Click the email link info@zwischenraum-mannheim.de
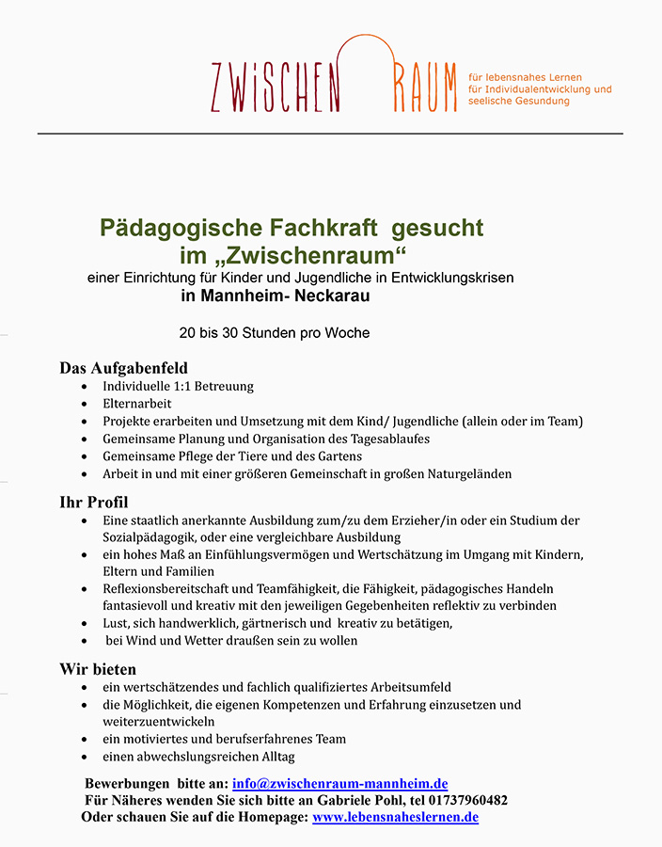(x=339, y=783)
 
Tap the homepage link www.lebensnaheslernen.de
(x=395, y=817)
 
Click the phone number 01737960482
(x=467, y=800)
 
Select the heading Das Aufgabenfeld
(x=124, y=368)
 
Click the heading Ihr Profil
(x=94, y=502)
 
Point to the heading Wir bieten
(x=99, y=669)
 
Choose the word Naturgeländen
(x=465, y=473)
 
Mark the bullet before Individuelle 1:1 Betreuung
(x=86, y=387)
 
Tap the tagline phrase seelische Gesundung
(x=518, y=102)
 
